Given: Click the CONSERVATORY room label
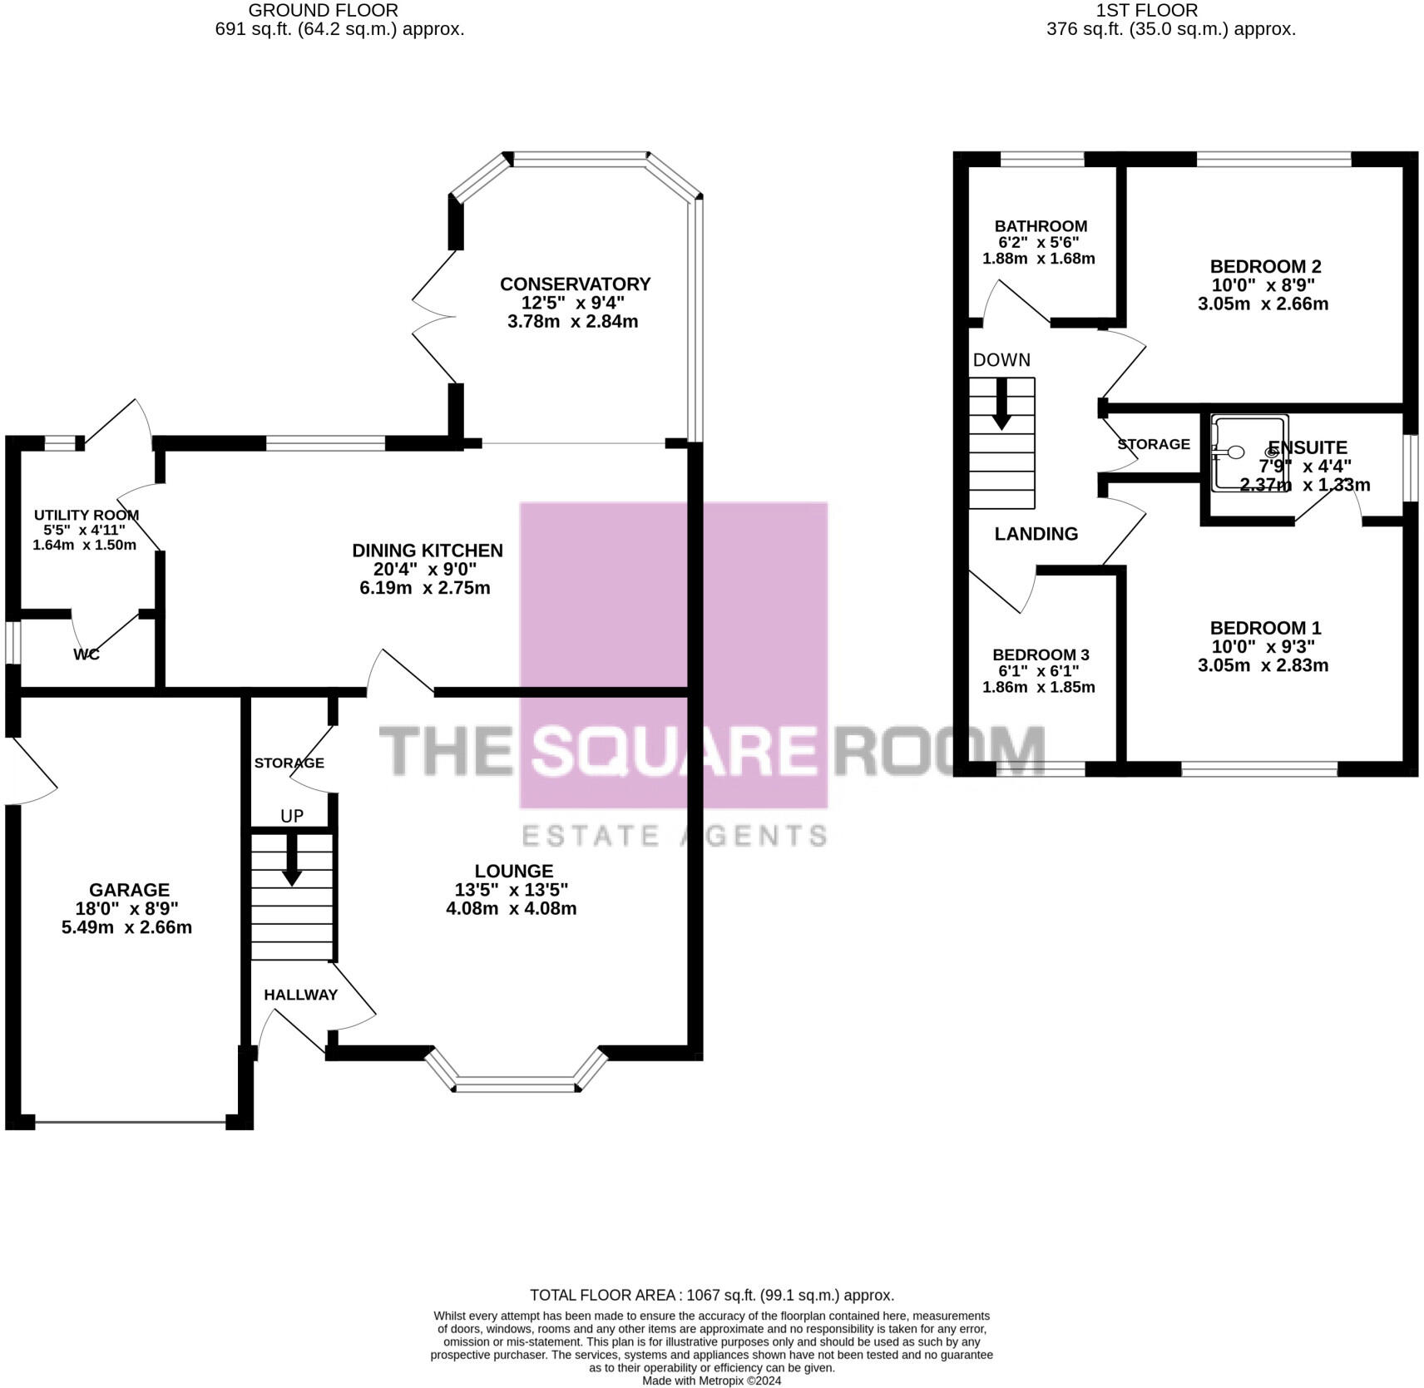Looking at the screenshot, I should [575, 284].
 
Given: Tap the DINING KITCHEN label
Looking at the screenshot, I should [428, 551].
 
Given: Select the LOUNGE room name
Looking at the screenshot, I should [513, 871].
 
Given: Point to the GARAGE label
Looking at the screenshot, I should [129, 890].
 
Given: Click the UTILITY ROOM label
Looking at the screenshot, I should [86, 516].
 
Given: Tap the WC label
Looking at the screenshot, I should [87, 654].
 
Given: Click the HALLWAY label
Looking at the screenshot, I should [300, 995].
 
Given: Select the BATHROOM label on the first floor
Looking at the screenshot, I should [1041, 226].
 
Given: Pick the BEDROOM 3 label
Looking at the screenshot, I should [1041, 655].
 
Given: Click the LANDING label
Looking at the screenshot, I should [1036, 534].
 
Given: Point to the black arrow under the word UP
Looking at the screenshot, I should [292, 859].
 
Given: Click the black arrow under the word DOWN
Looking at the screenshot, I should [1001, 403].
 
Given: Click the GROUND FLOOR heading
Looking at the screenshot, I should [323, 11].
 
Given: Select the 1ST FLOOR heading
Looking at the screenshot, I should [1146, 11].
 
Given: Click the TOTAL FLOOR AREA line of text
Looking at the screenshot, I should [711, 1295].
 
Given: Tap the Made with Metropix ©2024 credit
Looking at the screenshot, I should [711, 1381].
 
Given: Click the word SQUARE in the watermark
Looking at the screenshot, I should [673, 750].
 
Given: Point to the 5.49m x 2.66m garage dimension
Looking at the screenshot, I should [126, 927].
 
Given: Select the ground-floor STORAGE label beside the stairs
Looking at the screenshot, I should [289, 763].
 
